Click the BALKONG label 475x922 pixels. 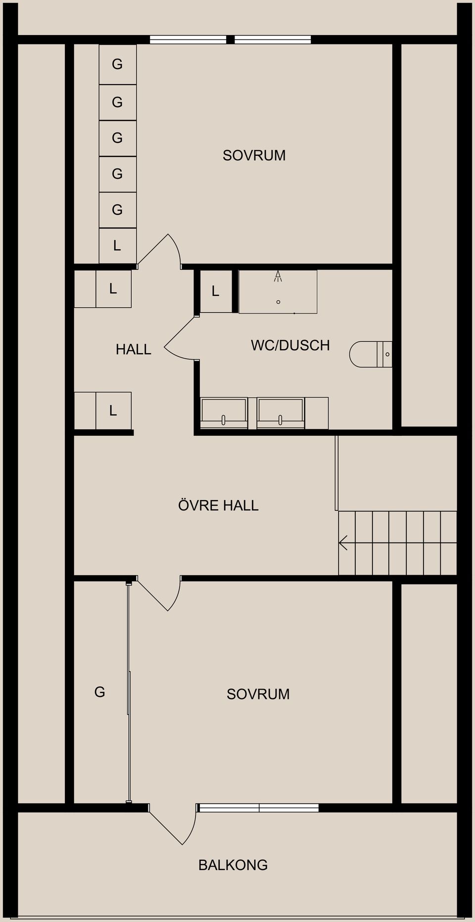click(233, 865)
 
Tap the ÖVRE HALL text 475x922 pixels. click(218, 505)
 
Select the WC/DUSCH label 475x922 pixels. click(290, 345)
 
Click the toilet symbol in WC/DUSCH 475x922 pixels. click(371, 354)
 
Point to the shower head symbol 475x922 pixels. click(278, 276)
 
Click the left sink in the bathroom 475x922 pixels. click(224, 413)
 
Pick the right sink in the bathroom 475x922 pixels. click(281, 413)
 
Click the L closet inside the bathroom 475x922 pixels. click(216, 291)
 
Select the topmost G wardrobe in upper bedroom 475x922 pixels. click(118, 64)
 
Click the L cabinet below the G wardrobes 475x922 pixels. click(118, 245)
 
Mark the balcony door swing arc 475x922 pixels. click(190, 827)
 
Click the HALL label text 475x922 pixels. click(134, 349)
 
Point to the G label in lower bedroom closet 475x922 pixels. click(100, 692)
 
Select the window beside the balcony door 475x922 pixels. click(258, 808)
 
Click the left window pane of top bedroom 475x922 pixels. click(188, 40)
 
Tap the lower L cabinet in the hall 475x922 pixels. click(113, 411)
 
